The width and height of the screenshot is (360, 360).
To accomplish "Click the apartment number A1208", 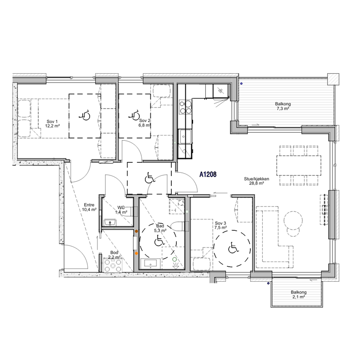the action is tap(208, 175).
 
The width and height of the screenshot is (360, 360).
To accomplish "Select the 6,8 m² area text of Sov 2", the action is tap(144, 126).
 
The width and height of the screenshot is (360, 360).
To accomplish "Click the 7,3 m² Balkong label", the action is tap(283, 106).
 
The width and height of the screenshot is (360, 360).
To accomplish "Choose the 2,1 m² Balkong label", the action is tap(298, 295).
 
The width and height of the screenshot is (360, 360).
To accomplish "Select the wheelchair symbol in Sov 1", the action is tap(85, 116).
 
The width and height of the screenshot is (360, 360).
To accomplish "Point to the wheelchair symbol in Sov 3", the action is tap(234, 248).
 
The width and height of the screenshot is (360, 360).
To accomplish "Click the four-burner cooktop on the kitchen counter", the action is tap(185, 107).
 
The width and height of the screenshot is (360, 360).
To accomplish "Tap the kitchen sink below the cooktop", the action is tap(185, 136).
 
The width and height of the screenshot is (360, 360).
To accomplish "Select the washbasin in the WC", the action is tap(110, 222).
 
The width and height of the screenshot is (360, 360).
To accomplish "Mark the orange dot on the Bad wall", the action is tap(136, 253).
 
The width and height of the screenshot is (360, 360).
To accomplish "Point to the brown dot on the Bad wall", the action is tap(136, 231).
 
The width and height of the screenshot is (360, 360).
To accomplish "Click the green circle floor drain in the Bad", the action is tap(175, 260).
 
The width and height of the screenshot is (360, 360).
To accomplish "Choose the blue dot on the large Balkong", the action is tap(241, 84).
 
